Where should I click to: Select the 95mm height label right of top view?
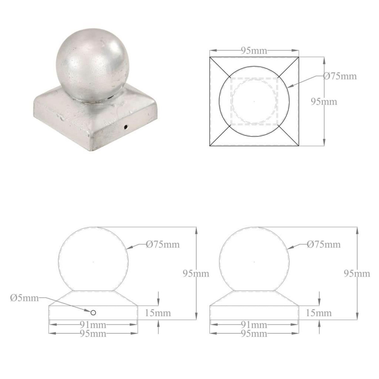coord(324,102)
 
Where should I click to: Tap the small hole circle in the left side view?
coord(93,313)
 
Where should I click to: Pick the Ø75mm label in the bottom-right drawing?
coord(324,244)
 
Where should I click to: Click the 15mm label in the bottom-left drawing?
coord(158,313)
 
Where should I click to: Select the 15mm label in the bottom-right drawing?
coord(319,313)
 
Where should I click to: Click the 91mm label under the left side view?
coord(93,325)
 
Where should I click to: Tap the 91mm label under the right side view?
coord(254,325)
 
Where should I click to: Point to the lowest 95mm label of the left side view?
coord(93,334)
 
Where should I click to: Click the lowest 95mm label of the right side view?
coord(254,334)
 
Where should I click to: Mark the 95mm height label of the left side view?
coord(196,274)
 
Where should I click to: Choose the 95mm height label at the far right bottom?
coord(357,274)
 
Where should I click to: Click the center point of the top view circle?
coord(255,101)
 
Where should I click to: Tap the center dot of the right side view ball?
coord(254,262)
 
